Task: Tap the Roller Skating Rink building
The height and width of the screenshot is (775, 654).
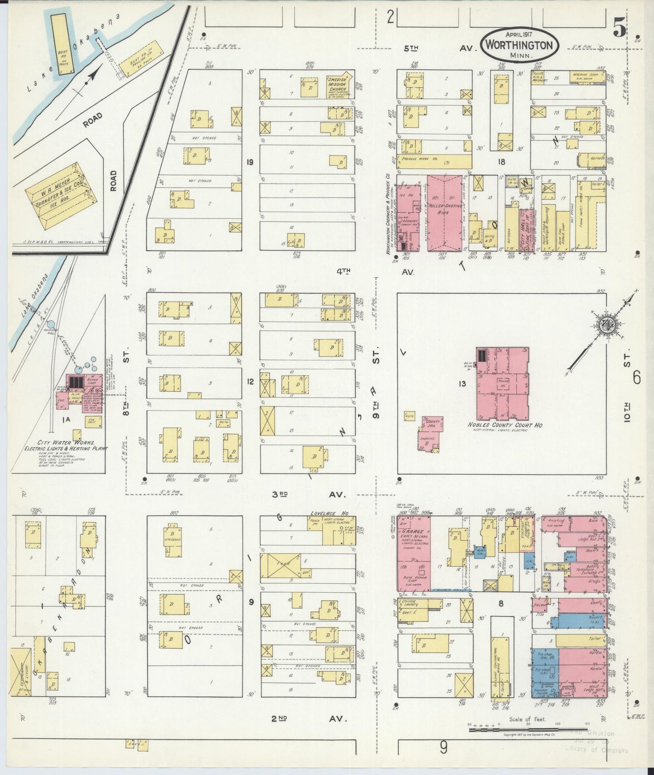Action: click(x=445, y=213)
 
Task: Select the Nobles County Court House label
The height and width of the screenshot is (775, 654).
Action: click(x=501, y=426)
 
